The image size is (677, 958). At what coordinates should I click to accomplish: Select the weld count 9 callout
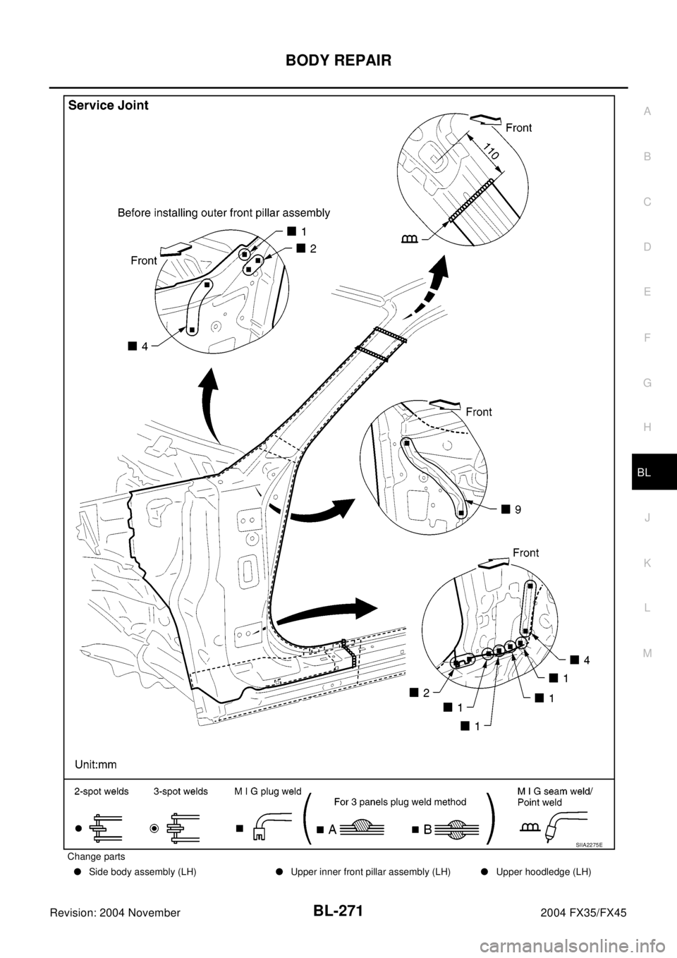click(518, 507)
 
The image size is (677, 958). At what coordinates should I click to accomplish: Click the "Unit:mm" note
click(96, 764)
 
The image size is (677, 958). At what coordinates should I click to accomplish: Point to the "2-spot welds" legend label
click(102, 792)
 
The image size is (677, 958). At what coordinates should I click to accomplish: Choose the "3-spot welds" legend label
click(181, 792)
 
